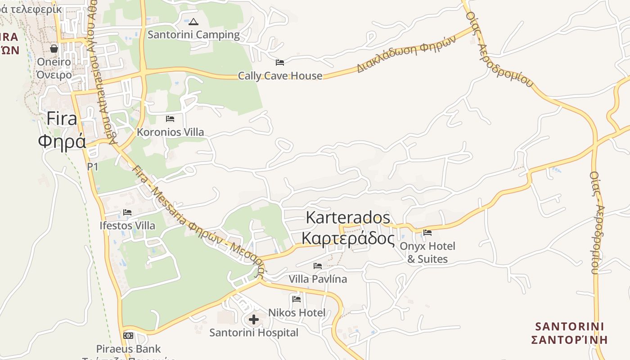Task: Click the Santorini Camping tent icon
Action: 193,22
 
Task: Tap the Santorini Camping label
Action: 193,35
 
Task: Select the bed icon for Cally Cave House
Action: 280,62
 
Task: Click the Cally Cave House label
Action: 280,76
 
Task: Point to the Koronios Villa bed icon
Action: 170,119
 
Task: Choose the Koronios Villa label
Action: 170,132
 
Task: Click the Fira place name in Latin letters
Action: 62,119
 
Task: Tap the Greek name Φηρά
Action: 62,141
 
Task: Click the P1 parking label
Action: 93,166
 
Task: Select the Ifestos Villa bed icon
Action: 127,212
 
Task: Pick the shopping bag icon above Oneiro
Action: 54,48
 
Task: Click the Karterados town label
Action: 348,217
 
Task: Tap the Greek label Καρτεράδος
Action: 348,238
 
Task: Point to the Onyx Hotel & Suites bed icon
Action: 427,233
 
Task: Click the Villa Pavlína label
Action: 318,279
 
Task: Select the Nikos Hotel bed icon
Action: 297,299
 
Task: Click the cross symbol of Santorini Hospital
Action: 254,320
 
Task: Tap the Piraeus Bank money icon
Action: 128,336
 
